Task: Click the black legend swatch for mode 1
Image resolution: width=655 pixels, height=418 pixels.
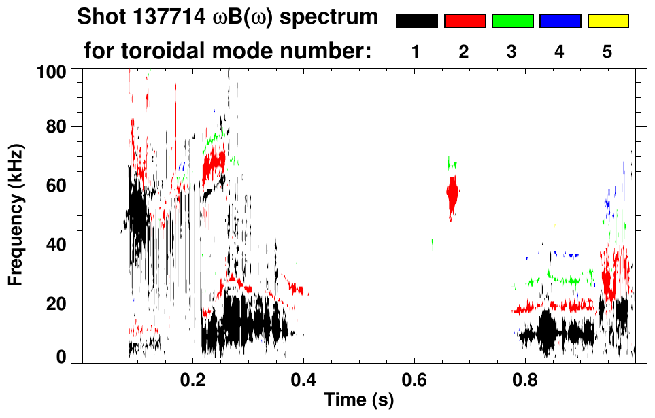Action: click(x=416, y=20)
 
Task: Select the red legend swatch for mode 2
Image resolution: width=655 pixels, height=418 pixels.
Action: click(x=465, y=20)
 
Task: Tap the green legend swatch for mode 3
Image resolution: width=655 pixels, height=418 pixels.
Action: click(x=512, y=20)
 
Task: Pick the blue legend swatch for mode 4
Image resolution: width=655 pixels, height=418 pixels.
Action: click(x=560, y=20)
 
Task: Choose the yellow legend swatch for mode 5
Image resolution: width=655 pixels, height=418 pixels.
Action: click(x=608, y=20)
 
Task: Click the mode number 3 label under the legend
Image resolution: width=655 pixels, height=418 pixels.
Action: click(x=512, y=52)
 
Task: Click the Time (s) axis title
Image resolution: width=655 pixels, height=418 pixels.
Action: click(x=358, y=401)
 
